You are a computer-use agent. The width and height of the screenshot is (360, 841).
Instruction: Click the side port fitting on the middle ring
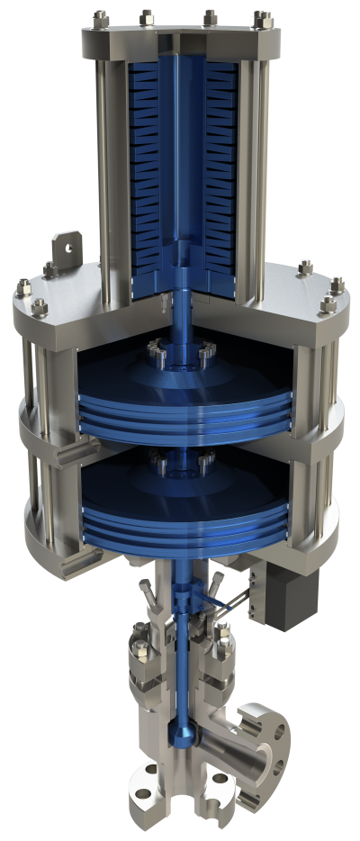tap(65, 454)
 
